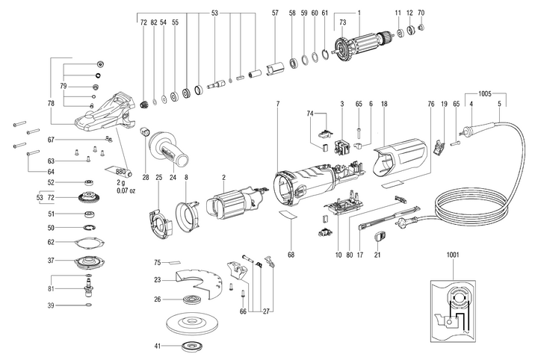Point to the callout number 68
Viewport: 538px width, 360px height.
291,255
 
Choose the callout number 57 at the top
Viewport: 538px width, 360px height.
275,13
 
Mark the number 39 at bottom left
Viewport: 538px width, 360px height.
52,305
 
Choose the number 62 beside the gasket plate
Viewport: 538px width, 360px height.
52,242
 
